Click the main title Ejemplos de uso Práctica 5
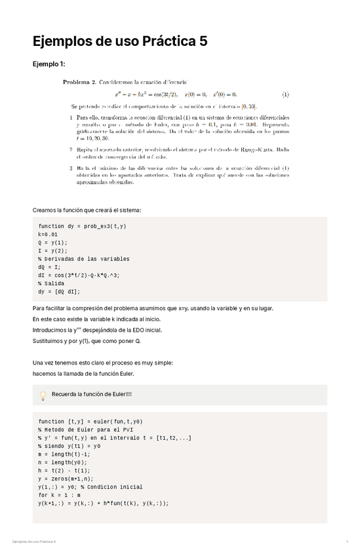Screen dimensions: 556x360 coord(120,41)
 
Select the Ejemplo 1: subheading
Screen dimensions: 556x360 coord(49,64)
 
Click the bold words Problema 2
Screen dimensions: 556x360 coord(79,83)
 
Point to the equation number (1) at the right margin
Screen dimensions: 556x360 coord(285,94)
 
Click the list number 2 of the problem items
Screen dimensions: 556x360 coord(71,149)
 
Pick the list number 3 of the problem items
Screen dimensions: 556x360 coord(71,169)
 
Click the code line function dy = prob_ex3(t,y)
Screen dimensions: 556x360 coord(82,226)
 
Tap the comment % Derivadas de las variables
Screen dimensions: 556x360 coord(84,259)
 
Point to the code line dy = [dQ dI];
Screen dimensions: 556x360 coord(59,292)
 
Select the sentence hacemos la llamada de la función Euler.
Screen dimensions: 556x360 coord(83,374)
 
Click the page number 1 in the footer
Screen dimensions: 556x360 coord(346,542)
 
